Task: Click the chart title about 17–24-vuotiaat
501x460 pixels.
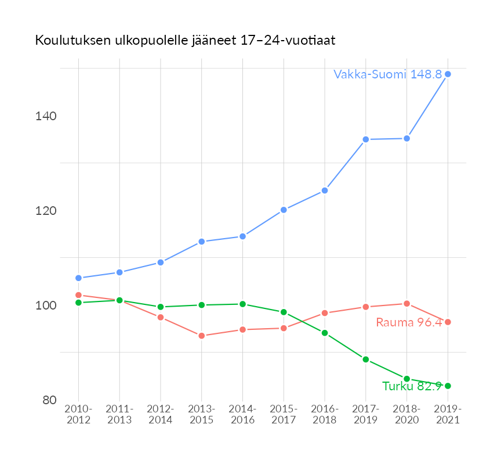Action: (x=186, y=41)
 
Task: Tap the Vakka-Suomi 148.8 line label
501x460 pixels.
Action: (x=387, y=74)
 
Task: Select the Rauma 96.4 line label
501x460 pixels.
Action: (x=409, y=322)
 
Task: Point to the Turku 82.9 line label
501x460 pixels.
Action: (x=412, y=386)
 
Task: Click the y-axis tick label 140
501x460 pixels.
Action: (x=45, y=116)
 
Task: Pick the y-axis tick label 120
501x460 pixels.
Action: (x=45, y=211)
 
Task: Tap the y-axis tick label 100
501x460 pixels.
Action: (x=45, y=306)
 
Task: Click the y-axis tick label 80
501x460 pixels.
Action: (x=49, y=400)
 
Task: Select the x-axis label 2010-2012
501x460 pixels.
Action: (x=78, y=415)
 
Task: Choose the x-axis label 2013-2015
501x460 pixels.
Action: (x=202, y=415)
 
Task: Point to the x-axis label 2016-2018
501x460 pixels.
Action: (x=325, y=415)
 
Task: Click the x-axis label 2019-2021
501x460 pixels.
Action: (x=448, y=415)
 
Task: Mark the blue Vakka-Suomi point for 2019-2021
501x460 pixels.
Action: (x=448, y=74)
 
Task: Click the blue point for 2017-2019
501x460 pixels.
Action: (x=366, y=139)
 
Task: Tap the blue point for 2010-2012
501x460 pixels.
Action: (x=78, y=278)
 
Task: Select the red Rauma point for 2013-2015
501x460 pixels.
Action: (x=202, y=336)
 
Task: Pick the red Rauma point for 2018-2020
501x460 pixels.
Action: (x=407, y=304)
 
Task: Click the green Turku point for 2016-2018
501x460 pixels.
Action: (x=325, y=333)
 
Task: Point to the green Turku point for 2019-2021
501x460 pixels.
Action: (x=448, y=386)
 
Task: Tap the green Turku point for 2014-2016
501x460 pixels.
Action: (x=243, y=304)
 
